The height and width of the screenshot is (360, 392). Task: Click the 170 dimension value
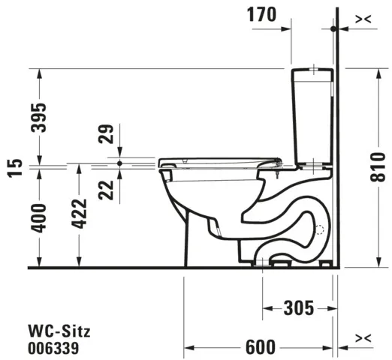coord(262,13)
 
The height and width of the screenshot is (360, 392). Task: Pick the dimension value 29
coord(106,135)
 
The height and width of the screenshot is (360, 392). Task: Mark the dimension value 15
coord(11,167)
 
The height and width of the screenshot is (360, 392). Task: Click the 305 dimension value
coord(298,307)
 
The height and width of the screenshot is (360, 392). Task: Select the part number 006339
coord(53,347)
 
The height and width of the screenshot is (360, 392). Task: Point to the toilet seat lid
coord(218,160)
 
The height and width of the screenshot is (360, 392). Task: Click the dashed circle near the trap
coord(321,231)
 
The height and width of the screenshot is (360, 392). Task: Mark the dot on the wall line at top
coord(333,28)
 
